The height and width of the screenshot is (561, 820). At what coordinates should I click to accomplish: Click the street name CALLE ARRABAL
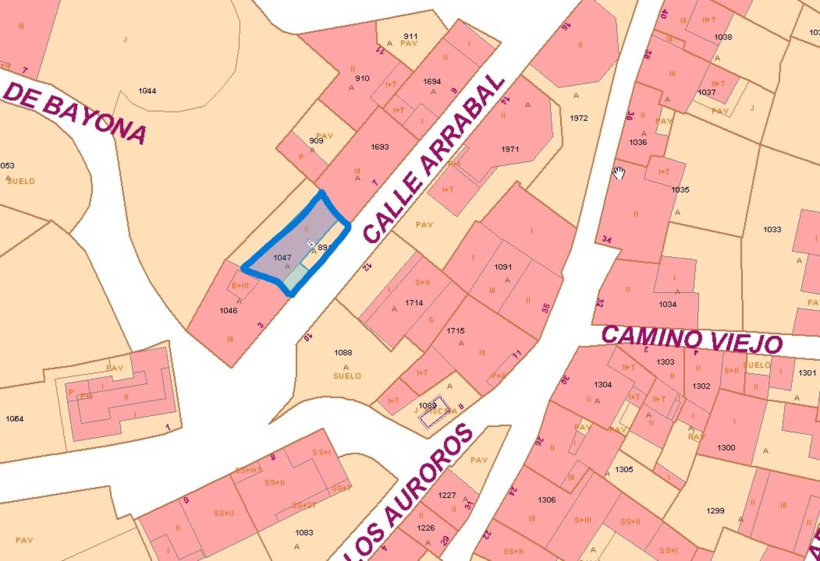point(434,159)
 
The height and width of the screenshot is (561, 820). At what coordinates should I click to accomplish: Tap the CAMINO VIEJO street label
point(691,338)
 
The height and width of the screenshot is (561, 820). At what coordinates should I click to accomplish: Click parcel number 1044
point(147,91)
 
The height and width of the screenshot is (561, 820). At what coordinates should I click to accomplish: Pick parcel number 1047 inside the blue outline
point(282,257)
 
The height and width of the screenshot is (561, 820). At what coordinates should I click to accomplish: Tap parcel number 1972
point(579,118)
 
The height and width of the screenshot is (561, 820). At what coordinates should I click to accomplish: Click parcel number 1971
point(509,149)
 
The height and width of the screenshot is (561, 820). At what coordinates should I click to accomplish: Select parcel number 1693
point(380,146)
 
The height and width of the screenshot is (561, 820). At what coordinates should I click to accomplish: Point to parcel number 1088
point(343,352)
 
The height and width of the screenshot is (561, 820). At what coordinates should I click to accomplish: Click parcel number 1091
point(503,266)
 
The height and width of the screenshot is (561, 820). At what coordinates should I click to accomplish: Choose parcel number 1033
point(772,229)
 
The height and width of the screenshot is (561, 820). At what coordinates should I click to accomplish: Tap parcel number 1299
point(715,511)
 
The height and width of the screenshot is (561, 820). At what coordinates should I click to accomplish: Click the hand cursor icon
point(619,173)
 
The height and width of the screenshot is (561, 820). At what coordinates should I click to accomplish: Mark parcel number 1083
point(304,532)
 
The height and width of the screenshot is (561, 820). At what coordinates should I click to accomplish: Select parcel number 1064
point(14,419)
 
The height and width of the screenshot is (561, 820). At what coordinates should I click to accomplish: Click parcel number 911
point(411,36)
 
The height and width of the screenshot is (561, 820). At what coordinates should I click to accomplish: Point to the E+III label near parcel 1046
point(240,286)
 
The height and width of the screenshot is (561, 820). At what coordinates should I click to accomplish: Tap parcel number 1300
point(726,447)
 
